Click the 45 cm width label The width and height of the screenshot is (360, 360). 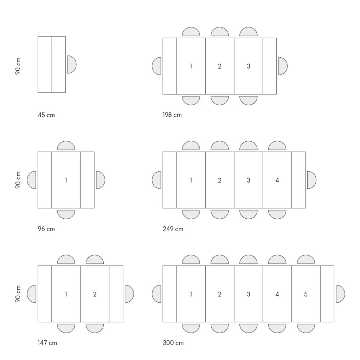point(46,115)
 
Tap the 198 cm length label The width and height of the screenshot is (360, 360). point(172,115)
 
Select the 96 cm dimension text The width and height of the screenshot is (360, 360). point(46,229)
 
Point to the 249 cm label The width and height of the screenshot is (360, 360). point(173,229)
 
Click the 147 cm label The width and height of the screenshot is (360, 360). point(47,343)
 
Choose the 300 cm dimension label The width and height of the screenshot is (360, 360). point(173,343)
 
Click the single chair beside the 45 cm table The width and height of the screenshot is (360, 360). point(72,65)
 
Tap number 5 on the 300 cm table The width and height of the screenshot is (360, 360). point(306,294)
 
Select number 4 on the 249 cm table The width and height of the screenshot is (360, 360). point(277,180)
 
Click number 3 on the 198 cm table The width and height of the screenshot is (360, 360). point(249,66)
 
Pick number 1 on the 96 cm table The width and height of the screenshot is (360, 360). point(66,180)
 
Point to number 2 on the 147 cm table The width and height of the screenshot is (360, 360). point(95,294)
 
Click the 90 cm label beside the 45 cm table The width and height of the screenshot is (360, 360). point(18,66)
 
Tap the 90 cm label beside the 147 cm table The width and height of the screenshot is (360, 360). point(18,294)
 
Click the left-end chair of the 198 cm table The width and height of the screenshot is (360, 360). point(156,66)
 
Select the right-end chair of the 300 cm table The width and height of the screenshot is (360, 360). point(340,294)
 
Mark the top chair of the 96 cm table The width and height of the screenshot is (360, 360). point(66,146)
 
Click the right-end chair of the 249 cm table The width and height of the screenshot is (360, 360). point(312,180)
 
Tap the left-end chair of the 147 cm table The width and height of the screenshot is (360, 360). point(31,294)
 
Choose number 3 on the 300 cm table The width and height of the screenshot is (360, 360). point(249,294)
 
